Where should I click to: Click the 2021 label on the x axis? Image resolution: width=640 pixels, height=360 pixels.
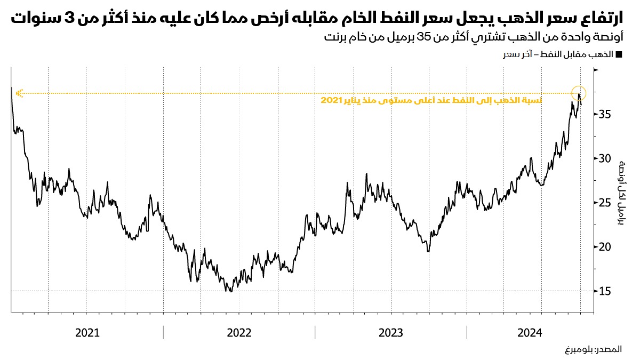(87, 333)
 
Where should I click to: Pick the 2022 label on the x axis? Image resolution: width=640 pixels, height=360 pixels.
(239, 333)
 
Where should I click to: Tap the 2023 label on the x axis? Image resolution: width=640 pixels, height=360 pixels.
(391, 333)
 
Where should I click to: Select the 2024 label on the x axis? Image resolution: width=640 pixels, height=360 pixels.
(530, 333)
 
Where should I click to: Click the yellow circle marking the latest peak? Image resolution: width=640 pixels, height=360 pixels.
(579, 93)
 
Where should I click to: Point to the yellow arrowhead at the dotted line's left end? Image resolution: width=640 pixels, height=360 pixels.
(19, 93)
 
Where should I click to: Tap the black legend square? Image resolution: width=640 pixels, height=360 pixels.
(619, 55)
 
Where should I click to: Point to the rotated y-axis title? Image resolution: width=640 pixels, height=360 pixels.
(620, 193)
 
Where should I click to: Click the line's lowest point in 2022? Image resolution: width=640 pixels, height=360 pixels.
(230, 291)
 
